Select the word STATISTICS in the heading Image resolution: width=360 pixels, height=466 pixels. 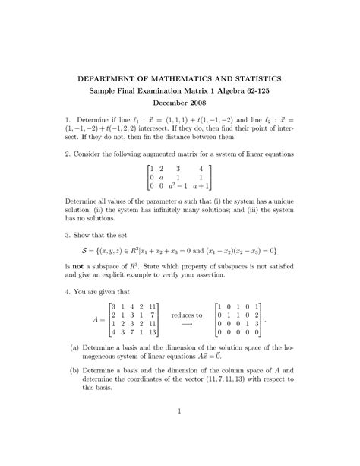254,78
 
